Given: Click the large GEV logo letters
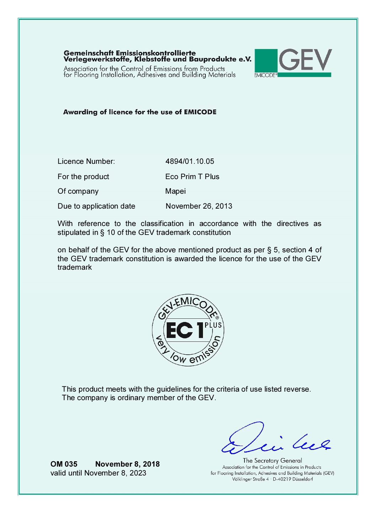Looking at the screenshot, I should (305, 60).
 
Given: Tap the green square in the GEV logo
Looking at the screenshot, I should (266, 60).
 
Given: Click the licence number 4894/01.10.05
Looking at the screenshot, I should (190, 161).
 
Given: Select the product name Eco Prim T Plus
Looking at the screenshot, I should (192, 177).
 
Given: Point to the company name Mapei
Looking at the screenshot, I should (176, 191).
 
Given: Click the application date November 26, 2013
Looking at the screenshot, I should (199, 206).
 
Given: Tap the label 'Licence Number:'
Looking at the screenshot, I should (86, 161).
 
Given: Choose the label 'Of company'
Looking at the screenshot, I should (78, 191).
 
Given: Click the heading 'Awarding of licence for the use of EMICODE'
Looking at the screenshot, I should (140, 112).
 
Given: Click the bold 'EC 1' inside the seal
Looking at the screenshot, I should (185, 331).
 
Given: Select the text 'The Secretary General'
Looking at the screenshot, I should (273, 461).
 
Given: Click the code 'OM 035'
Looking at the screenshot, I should (64, 464).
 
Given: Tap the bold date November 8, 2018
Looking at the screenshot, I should (128, 464).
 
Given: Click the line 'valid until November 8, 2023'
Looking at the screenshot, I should (98, 473).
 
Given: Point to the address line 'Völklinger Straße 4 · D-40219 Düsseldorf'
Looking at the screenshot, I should (273, 479).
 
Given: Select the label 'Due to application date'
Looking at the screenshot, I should (97, 206).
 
